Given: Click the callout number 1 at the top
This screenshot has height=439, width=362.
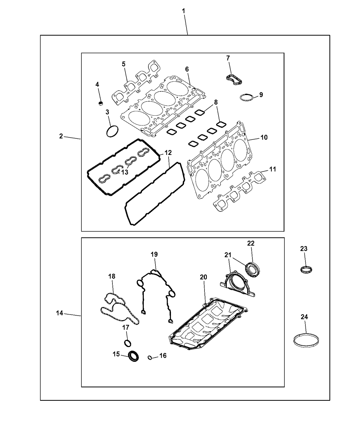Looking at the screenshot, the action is tap(183, 11).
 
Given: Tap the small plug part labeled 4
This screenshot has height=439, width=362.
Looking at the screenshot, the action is tap(101, 103).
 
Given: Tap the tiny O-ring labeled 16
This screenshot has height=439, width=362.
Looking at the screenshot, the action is tap(150, 357).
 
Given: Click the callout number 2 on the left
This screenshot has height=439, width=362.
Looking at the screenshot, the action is tap(61, 136).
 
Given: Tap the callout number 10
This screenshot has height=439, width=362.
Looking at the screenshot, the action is tap(264, 137).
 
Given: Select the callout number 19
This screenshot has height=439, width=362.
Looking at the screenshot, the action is tap(154, 254).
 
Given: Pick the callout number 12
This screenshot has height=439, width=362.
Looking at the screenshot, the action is tap(168, 153).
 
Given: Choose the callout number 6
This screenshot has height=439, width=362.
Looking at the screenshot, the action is tap(187, 69).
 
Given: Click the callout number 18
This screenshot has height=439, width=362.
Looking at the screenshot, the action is tap(112, 276).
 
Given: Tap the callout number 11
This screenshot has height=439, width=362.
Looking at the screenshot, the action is tap(273, 169).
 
